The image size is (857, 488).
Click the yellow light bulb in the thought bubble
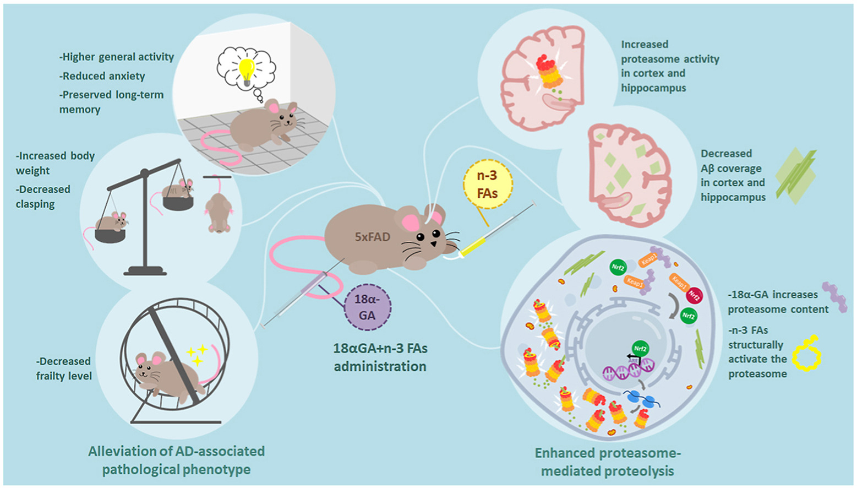(246, 71)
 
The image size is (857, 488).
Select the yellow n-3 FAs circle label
(487, 185)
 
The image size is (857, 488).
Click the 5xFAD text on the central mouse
(372, 237)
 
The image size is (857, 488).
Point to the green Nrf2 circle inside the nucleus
(640, 349)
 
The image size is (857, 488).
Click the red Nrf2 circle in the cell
(695, 296)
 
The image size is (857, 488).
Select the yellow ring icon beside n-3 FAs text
(806, 353)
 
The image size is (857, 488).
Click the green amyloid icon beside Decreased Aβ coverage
(796, 176)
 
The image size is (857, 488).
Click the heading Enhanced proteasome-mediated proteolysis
(608, 462)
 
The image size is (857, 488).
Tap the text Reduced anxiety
(103, 76)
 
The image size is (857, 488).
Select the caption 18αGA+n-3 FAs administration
(380, 357)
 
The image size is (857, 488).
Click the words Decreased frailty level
(64, 368)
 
